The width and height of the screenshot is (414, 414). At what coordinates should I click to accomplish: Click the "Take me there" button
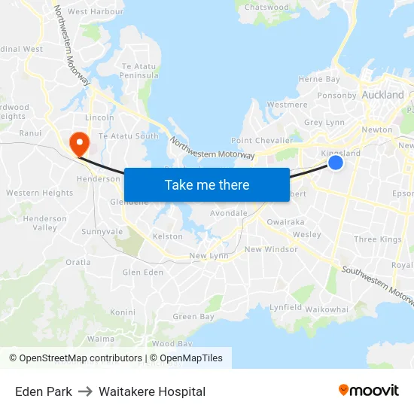click(207, 184)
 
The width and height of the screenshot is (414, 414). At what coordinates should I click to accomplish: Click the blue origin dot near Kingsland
click(336, 163)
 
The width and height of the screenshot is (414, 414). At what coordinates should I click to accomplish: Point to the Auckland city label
click(382, 96)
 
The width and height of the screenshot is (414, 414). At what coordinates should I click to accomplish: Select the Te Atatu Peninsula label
click(140, 71)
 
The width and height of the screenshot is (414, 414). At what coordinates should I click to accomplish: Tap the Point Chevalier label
click(262, 141)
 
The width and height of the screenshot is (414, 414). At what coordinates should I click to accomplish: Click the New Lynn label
click(209, 256)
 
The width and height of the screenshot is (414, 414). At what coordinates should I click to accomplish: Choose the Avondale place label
click(229, 213)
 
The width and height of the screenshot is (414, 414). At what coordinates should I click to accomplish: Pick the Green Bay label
click(193, 317)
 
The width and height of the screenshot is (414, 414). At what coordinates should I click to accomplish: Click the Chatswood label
click(266, 8)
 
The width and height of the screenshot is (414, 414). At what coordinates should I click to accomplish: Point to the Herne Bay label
click(319, 79)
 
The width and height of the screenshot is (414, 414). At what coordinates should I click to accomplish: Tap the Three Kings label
click(378, 239)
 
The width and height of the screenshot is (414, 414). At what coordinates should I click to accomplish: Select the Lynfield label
click(286, 307)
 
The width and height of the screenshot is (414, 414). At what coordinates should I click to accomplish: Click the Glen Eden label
click(142, 272)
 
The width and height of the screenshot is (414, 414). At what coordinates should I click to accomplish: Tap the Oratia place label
click(78, 263)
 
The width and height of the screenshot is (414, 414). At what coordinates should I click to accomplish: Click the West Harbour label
click(96, 12)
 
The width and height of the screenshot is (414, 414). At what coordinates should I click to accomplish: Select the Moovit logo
click(369, 391)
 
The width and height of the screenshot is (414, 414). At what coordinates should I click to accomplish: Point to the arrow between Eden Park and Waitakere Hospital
click(85, 391)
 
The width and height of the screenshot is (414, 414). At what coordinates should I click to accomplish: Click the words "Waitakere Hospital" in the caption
click(152, 391)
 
